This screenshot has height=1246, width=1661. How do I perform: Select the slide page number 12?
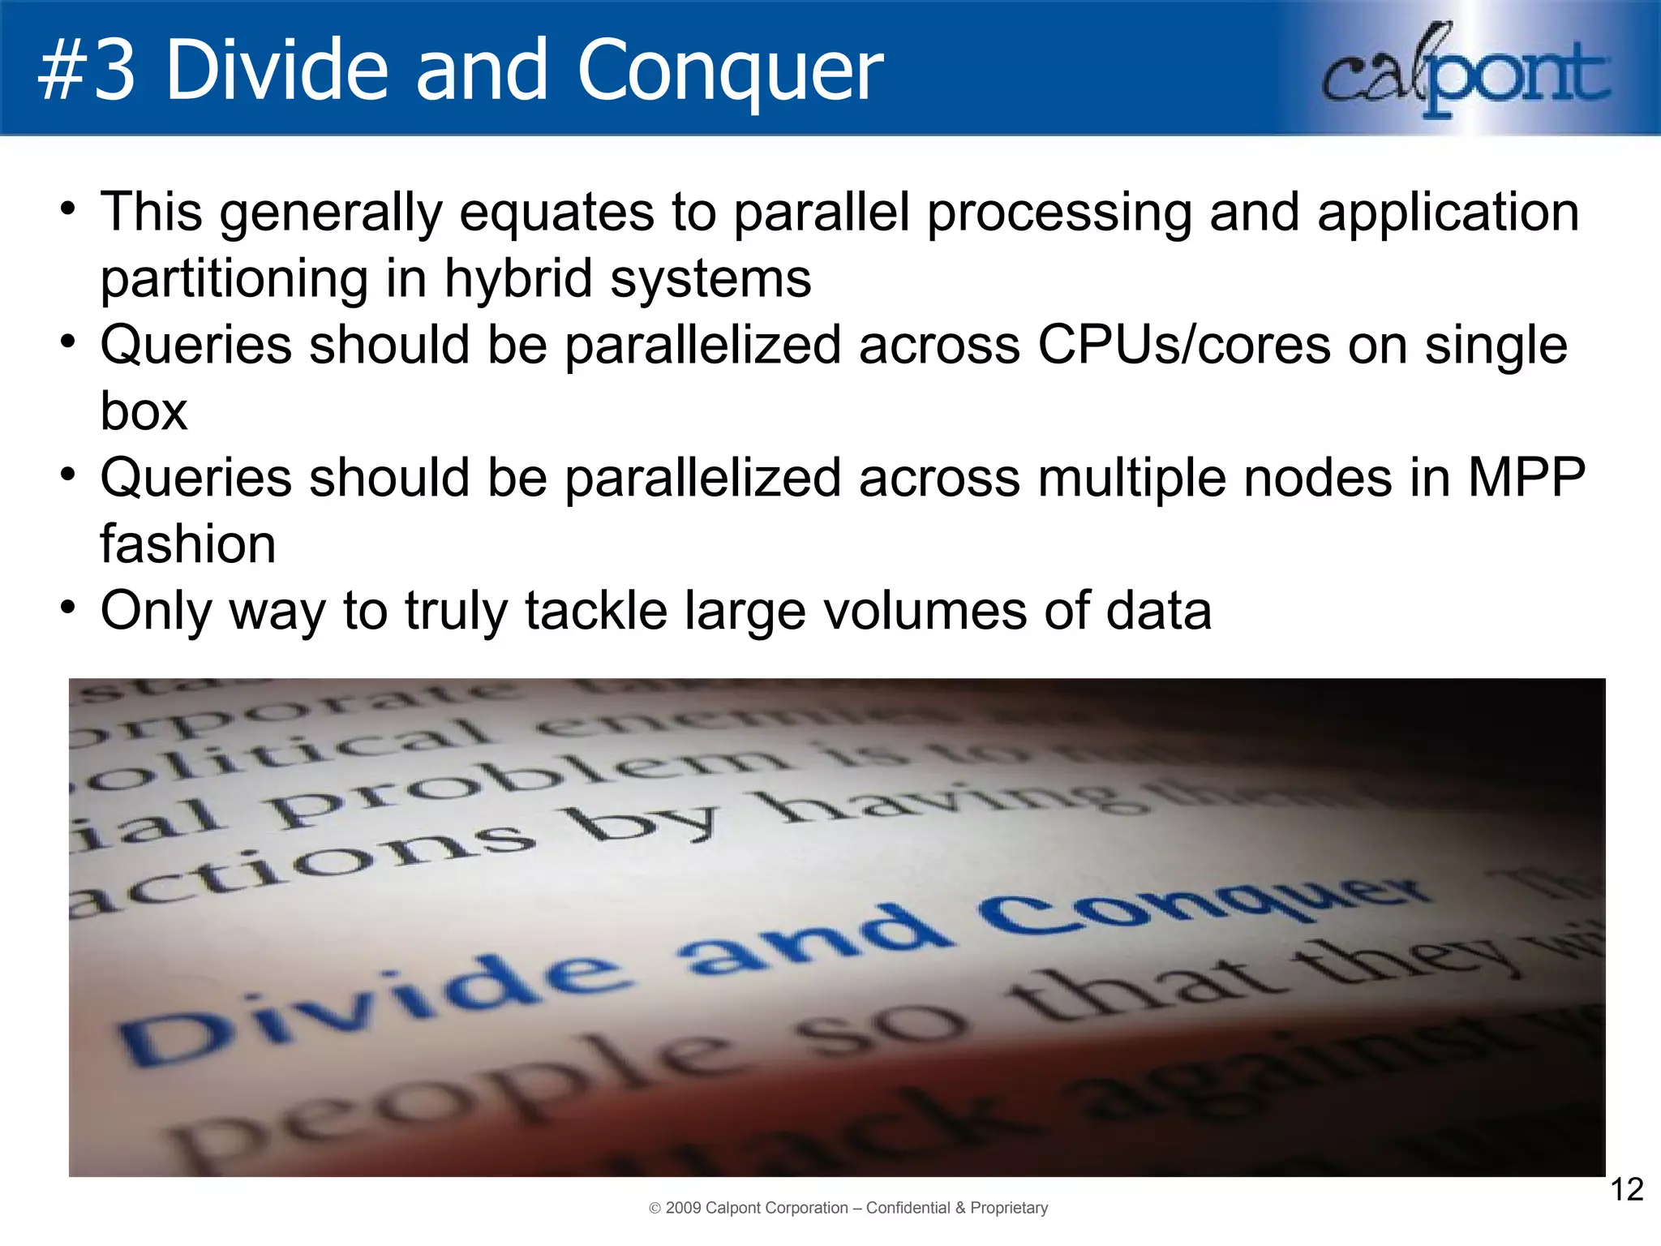(x=1625, y=1189)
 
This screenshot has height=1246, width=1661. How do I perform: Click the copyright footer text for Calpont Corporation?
(x=848, y=1208)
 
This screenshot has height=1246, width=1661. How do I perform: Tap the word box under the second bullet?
(x=144, y=411)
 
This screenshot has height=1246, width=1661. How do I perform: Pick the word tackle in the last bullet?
(x=596, y=610)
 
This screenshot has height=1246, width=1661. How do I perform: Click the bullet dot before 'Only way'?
(x=68, y=607)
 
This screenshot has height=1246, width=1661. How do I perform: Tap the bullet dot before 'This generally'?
(x=68, y=208)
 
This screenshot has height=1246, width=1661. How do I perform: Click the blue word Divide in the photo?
(x=373, y=1006)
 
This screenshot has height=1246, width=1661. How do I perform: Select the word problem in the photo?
(x=527, y=783)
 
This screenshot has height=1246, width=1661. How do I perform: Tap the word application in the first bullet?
(x=1448, y=213)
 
